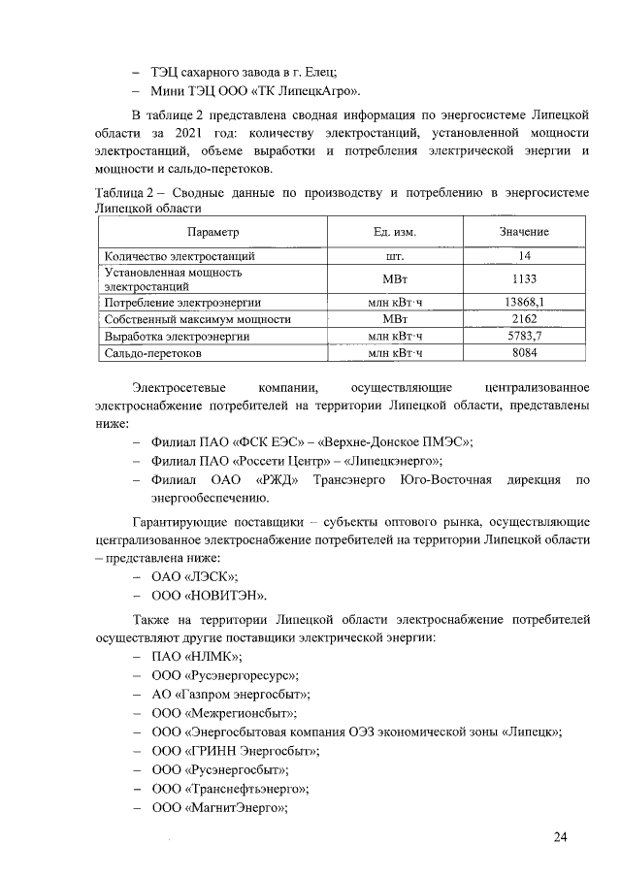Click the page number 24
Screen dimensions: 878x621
560,837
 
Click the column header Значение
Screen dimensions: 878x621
524,232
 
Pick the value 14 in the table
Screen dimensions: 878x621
525,256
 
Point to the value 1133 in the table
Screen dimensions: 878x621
525,279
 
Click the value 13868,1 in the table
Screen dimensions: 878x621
525,303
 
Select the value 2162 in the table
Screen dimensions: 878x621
525,318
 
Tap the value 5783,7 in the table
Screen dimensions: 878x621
525,336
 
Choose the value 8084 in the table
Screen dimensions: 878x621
525,353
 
